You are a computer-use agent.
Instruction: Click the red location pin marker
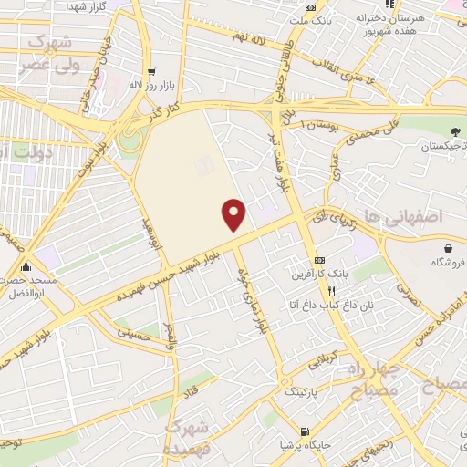point(235,214)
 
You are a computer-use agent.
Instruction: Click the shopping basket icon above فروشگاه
point(448,247)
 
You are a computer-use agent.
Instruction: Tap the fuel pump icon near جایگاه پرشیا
point(304,431)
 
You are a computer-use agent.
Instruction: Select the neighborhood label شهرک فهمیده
point(190,437)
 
